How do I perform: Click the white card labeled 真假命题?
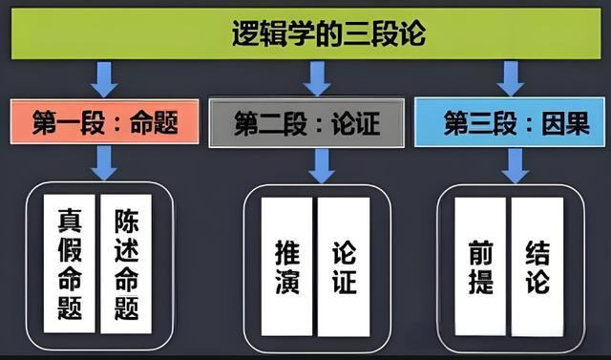tap(70, 263)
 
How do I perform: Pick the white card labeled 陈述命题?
tap(126, 263)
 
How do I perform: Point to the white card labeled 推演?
tap(286, 266)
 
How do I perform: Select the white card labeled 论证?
tap(344, 266)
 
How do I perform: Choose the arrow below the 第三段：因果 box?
tap(516, 165)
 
